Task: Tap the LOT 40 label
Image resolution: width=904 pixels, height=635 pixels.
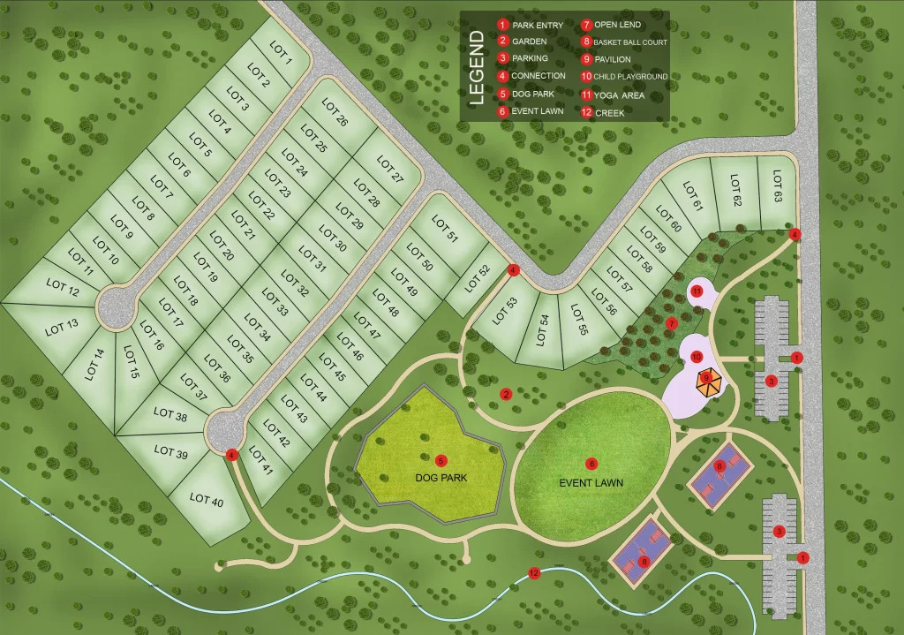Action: [x=206, y=499]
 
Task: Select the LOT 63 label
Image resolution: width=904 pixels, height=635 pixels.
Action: [x=777, y=186]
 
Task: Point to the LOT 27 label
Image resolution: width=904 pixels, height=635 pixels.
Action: [x=389, y=169]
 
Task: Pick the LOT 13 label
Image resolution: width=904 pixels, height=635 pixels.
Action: [x=61, y=324]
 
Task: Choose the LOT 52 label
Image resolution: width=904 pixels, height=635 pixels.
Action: [x=478, y=277]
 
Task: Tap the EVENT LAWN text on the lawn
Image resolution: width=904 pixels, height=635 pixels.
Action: [x=591, y=483]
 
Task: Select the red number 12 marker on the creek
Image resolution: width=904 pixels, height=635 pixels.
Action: [x=533, y=572]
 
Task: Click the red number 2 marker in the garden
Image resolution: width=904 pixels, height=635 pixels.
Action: [x=506, y=394]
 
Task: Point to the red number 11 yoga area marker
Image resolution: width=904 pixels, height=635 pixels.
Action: [x=696, y=291]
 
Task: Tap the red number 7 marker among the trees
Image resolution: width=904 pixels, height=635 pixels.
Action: [x=671, y=323]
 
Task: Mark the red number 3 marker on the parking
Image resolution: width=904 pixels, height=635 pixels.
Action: [x=771, y=381]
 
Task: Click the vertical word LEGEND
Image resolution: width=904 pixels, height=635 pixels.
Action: [x=476, y=67]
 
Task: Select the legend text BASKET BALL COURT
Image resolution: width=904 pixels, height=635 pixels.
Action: [x=629, y=42]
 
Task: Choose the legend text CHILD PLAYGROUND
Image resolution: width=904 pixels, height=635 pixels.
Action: [x=630, y=77]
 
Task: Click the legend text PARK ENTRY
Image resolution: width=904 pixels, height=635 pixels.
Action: [x=537, y=26]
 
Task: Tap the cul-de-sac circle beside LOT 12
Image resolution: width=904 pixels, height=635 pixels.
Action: [x=116, y=306]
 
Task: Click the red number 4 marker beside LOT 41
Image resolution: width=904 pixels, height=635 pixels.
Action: [x=231, y=455]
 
